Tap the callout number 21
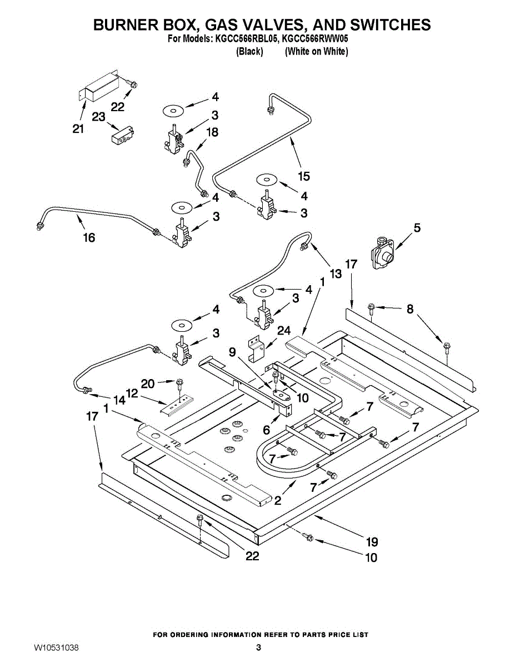tap(78, 129)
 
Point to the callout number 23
tap(99, 117)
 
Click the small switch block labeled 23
tap(123, 135)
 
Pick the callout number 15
tap(304, 176)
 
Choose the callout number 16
tap(89, 237)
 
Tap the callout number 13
tap(336, 273)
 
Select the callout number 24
tap(284, 330)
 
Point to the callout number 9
tap(232, 352)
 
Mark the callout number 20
tap(148, 384)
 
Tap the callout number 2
tap(278, 501)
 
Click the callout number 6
tap(266, 430)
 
